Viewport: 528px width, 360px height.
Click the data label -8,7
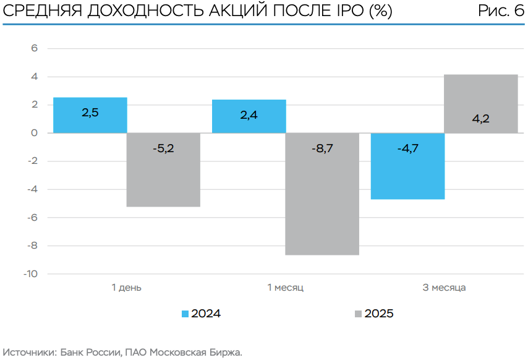pyautogui.click(x=322, y=148)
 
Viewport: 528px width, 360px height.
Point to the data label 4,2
pyautogui.click(x=481, y=119)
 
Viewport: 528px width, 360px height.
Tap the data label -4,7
pyautogui.click(x=407, y=148)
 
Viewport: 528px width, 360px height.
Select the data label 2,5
pyautogui.click(x=90, y=113)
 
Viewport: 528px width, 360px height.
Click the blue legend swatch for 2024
pyautogui.click(x=185, y=314)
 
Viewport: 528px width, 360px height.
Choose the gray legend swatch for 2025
pyautogui.click(x=358, y=314)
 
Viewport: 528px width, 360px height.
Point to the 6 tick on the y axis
pyautogui.click(x=35, y=49)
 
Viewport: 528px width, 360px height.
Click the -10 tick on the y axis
pyautogui.click(x=30, y=273)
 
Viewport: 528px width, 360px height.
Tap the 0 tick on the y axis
pyautogui.click(x=35, y=133)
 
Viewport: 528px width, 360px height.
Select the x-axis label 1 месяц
pyautogui.click(x=285, y=288)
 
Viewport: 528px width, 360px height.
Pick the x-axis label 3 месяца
pyautogui.click(x=444, y=288)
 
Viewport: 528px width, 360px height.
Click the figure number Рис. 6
pyautogui.click(x=501, y=12)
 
